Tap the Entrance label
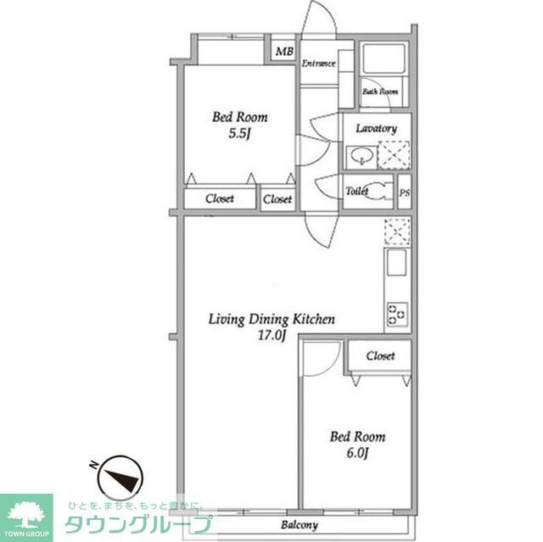319,64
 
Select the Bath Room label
380,91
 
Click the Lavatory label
376,128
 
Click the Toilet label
356,192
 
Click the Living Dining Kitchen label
272,320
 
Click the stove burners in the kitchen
396,313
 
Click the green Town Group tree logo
27,513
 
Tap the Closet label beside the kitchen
380,356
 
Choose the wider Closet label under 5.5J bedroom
220,199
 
